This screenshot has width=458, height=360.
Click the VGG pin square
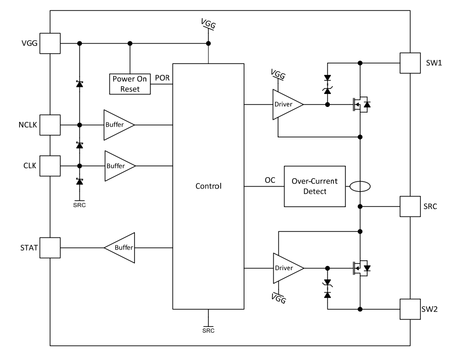(x=50, y=43)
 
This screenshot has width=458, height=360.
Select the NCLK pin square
(x=50, y=124)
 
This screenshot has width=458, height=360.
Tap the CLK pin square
(x=50, y=165)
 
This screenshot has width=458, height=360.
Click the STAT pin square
(x=50, y=247)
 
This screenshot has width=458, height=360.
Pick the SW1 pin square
(x=410, y=63)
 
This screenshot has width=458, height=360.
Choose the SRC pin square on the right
(x=410, y=206)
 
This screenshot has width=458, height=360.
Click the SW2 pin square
(x=410, y=309)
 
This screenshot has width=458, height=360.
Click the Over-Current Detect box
(x=314, y=186)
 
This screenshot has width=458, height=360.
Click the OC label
(x=270, y=180)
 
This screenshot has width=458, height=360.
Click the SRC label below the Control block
(x=208, y=330)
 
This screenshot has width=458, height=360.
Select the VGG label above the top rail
(x=208, y=23)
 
